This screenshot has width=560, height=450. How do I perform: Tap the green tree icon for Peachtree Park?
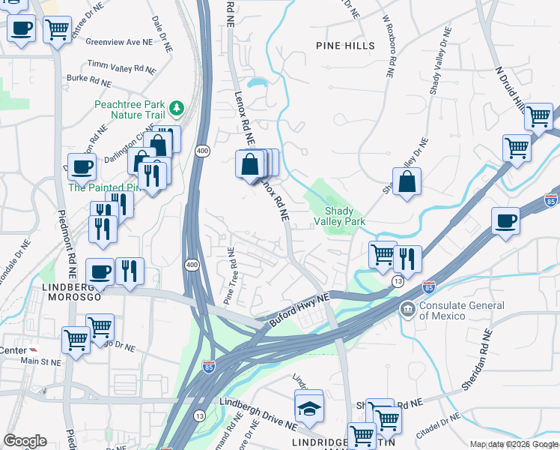[x=177, y=109]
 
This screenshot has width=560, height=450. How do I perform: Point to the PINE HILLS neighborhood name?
[x=345, y=46]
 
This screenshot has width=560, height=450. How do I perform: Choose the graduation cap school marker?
[x=309, y=408]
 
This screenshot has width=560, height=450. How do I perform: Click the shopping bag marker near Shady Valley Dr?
[x=407, y=182]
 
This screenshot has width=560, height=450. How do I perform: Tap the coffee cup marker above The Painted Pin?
[x=82, y=166]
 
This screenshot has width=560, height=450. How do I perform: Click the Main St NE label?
[x=40, y=362]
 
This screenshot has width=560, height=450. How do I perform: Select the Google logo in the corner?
[x=25, y=441]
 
